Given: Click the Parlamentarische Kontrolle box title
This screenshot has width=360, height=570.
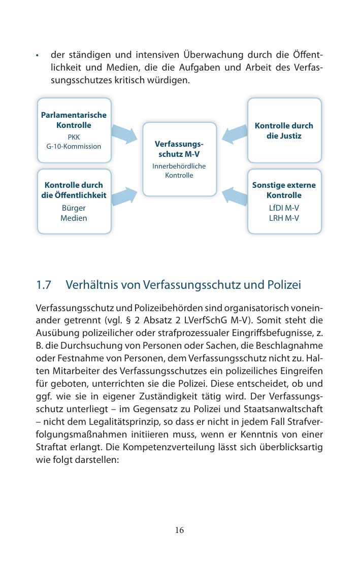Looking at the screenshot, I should (74, 120).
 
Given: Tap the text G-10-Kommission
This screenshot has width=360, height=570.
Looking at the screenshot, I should (74, 146).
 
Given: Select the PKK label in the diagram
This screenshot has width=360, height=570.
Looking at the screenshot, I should (74, 137).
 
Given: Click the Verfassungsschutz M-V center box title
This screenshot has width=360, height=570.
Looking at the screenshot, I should (179, 148).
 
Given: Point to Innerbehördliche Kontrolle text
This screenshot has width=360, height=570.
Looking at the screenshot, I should (179, 171).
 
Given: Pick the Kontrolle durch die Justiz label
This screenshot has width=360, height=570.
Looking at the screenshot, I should (284, 130).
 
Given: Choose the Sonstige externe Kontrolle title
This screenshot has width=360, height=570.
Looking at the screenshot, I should (284, 190).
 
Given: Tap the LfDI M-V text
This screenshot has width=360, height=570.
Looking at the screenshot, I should (284, 208).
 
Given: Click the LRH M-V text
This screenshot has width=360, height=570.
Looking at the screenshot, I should (284, 218).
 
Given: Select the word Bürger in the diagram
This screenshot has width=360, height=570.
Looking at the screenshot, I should (74, 208).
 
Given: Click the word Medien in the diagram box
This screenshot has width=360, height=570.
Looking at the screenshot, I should (74, 218).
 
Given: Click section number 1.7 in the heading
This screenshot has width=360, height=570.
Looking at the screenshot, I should (44, 285).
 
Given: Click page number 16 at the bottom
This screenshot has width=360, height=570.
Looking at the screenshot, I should (179, 530).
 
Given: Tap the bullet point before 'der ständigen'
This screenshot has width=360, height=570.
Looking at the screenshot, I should (38, 55).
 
